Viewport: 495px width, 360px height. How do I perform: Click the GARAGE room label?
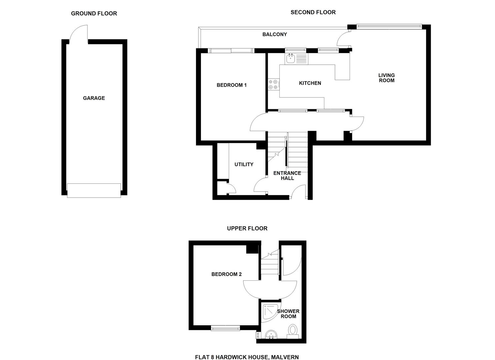tap(94, 98)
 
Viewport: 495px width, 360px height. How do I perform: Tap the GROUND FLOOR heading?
tap(94, 14)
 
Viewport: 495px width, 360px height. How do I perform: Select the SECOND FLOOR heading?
tap(313, 12)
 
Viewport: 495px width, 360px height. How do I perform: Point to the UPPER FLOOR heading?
tap(247, 228)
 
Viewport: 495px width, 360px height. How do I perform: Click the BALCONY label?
tap(274, 34)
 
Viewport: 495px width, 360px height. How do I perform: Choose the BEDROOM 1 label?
tap(231, 85)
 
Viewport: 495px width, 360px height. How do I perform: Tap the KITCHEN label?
tap(310, 83)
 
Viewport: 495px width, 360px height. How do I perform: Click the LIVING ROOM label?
tap(386, 78)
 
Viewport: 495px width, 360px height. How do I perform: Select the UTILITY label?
tap(244, 164)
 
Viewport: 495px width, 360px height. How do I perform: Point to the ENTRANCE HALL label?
tap(287, 175)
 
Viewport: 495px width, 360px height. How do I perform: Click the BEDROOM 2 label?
tap(226, 274)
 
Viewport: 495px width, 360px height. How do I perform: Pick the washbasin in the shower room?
tap(271, 335)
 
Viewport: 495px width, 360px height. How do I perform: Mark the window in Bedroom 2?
tap(226, 329)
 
